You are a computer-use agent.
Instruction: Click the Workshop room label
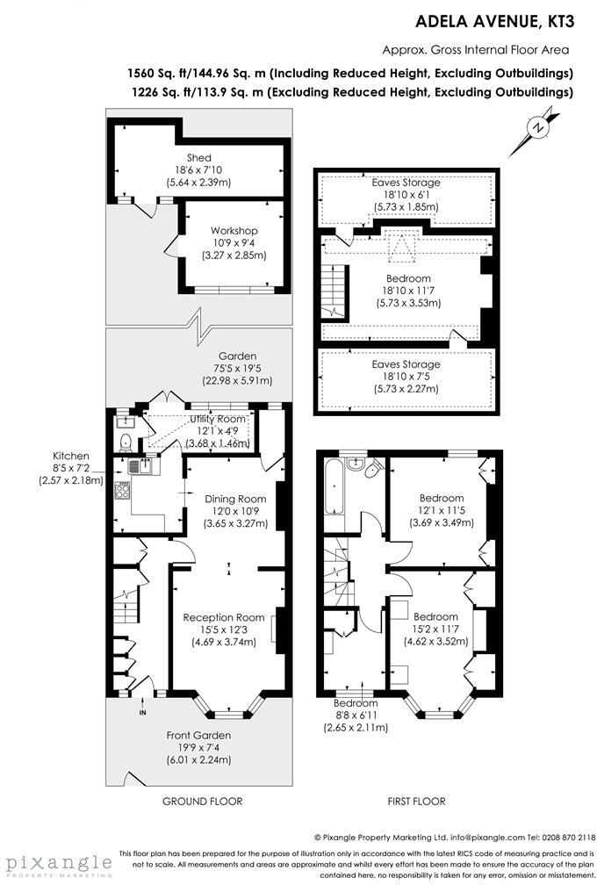tap(233, 230)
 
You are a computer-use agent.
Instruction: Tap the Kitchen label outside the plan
tap(70, 456)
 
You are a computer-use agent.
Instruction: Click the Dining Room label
tap(235, 499)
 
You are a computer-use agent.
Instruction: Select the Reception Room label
tap(224, 617)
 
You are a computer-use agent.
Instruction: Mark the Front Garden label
tap(198, 735)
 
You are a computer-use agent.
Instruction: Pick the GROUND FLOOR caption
tap(202, 801)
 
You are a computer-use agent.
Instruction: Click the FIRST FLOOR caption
tap(416, 801)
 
